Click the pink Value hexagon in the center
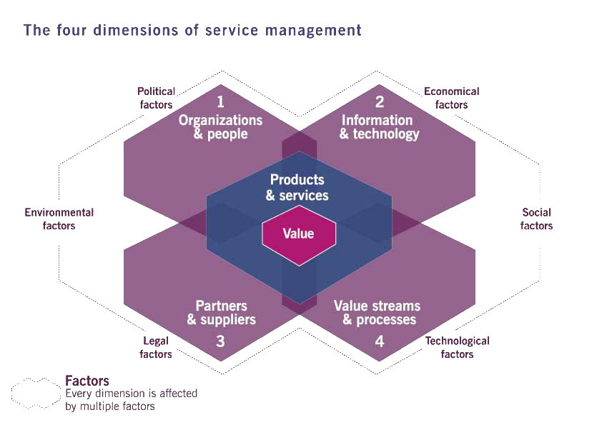pyautogui.click(x=298, y=234)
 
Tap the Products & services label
pyautogui.click(x=297, y=187)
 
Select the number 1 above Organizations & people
pyautogui.click(x=220, y=102)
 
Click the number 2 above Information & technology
pyautogui.click(x=380, y=102)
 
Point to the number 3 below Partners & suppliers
pyautogui.click(x=220, y=341)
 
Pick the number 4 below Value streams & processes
pyautogui.click(x=380, y=341)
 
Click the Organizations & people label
pyautogui.click(x=220, y=127)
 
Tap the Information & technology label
pyautogui.click(x=379, y=127)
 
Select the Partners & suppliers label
pyautogui.click(x=221, y=313)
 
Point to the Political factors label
pyautogui.click(x=155, y=98)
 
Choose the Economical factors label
pyautogui.click(x=452, y=98)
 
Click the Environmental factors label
pyautogui.click(x=59, y=219)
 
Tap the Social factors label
pyautogui.click(x=536, y=219)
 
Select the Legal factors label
pyautogui.click(x=155, y=348)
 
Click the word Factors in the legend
pyautogui.click(x=87, y=381)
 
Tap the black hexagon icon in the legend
pyautogui.click(x=36, y=393)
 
